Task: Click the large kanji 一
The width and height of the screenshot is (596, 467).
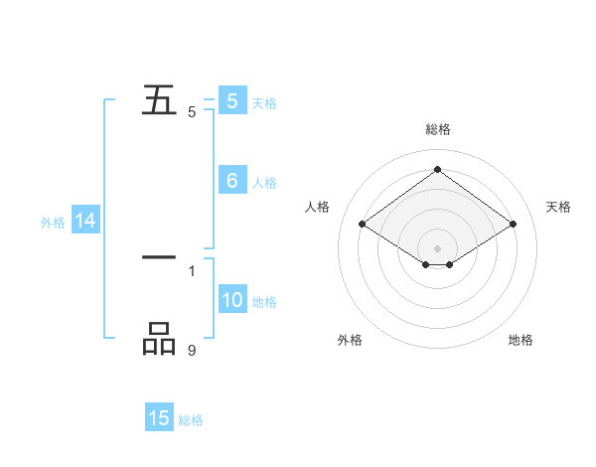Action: (x=159, y=257)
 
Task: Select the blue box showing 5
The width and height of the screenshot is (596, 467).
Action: (x=232, y=100)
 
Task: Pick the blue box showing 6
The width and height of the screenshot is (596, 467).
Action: (x=232, y=181)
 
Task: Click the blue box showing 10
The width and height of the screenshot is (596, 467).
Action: (x=232, y=300)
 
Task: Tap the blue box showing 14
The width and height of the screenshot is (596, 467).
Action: (x=85, y=222)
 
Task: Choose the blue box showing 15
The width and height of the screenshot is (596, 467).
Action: (x=159, y=418)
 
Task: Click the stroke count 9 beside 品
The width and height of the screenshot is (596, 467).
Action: (x=192, y=350)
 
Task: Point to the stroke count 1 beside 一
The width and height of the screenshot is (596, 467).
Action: (x=192, y=270)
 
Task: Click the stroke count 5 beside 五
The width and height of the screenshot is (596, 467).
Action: (x=192, y=112)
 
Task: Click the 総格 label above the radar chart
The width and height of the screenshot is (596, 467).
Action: (x=438, y=129)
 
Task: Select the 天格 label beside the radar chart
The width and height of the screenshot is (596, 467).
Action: (x=559, y=207)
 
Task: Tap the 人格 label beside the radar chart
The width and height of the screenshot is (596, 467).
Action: (x=318, y=207)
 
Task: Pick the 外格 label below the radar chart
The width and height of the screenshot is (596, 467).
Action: (x=350, y=341)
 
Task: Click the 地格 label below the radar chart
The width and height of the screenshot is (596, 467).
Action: (x=521, y=341)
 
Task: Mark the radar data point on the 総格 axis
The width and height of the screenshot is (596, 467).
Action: (x=438, y=170)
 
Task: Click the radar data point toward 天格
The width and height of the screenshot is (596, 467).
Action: (x=513, y=225)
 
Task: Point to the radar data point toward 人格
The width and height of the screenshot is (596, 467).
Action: (x=363, y=225)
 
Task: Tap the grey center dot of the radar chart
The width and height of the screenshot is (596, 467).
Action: (x=438, y=247)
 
